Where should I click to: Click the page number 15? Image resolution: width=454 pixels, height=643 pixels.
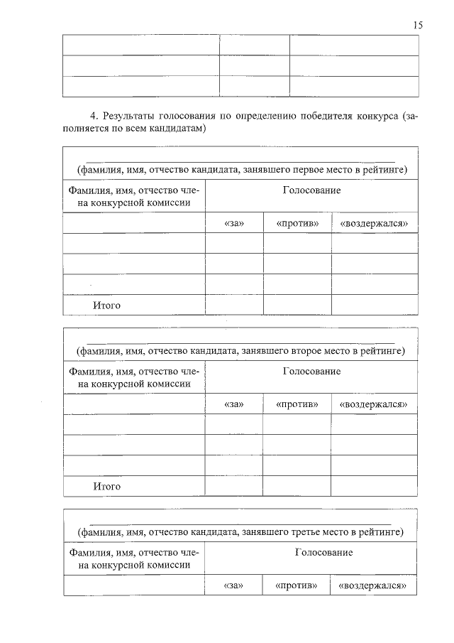tap(418, 25)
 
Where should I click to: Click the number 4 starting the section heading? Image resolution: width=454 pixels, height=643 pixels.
tap(92, 116)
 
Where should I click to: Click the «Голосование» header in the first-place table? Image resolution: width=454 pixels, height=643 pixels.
tap(311, 190)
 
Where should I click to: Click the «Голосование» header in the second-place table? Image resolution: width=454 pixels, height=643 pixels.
tap(311, 372)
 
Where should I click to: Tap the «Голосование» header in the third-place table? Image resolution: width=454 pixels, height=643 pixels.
tap(311, 552)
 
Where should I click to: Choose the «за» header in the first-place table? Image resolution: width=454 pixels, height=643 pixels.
tap(233, 223)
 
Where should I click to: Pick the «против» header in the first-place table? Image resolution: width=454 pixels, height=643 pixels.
tap(297, 223)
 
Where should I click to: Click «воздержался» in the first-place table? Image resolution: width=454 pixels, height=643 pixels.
tap(374, 223)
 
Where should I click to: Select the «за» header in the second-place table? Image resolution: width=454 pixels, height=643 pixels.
tap(233, 404)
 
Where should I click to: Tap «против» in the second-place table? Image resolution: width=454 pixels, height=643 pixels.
tap(297, 404)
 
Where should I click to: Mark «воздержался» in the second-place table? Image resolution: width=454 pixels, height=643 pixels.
tap(374, 404)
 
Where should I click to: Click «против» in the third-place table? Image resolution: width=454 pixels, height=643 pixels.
tap(297, 585)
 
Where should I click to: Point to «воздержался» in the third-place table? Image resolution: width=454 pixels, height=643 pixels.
tap(374, 585)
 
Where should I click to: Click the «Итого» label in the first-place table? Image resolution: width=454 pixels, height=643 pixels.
tap(106, 306)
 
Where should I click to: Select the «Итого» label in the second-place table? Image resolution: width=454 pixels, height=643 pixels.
tap(106, 487)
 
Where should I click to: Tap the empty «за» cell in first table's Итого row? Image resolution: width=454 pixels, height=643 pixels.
tap(234, 305)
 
